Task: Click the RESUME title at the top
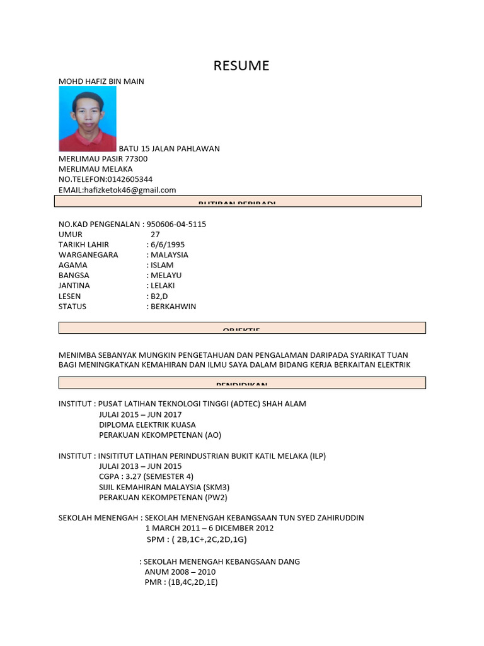241,66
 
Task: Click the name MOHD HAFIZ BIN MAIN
101,81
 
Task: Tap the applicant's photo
88,119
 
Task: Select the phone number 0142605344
130,179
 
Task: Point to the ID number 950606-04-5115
176,225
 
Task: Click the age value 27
155,235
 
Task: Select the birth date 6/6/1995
167,245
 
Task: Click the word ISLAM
162,266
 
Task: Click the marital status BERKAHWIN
173,307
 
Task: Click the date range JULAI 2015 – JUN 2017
140,414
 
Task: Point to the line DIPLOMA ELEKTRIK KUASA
147,425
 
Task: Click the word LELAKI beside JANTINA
163,286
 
